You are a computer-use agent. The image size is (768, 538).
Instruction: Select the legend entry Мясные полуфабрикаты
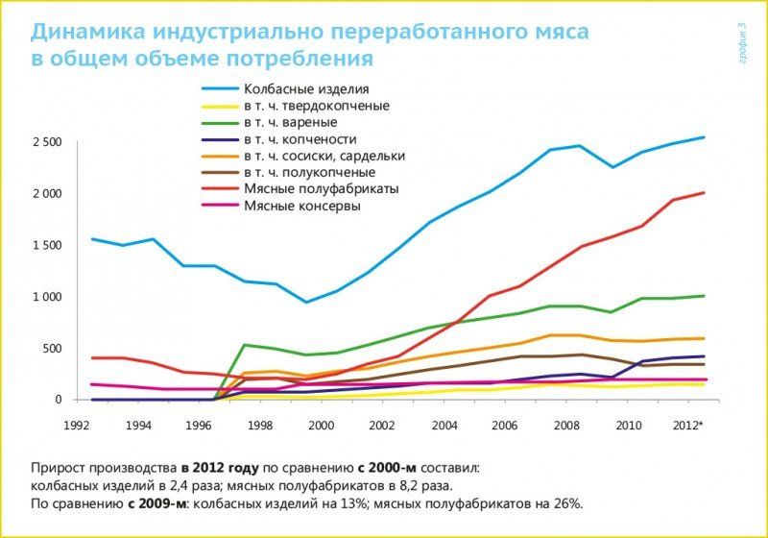click(321, 188)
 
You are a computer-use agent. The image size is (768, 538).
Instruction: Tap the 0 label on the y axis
click(58, 400)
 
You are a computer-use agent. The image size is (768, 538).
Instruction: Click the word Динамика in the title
click(84, 32)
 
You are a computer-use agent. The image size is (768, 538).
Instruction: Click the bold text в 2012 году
click(219, 469)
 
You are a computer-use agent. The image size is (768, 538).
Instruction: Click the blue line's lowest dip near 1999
click(306, 303)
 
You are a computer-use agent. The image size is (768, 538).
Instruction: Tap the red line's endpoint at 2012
click(705, 193)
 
